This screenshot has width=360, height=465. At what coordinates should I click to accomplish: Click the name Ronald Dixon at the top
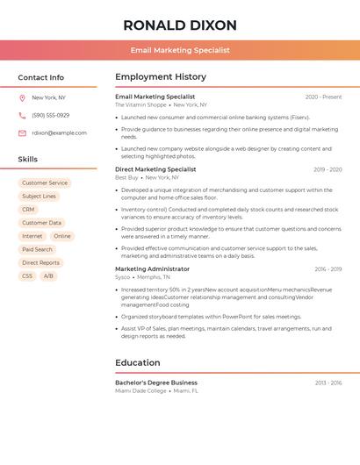click(x=180, y=25)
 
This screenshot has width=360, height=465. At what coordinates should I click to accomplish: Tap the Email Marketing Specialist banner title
click(x=180, y=50)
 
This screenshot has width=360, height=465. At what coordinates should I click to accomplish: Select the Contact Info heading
click(x=41, y=77)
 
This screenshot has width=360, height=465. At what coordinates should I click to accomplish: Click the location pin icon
click(x=22, y=97)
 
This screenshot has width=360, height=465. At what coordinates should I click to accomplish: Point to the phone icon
click(x=22, y=115)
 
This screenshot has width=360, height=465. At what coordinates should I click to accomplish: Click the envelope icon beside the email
click(x=22, y=133)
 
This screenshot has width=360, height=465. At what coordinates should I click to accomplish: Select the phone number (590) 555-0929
click(x=51, y=115)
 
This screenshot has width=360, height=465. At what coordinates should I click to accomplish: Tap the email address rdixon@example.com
click(x=59, y=133)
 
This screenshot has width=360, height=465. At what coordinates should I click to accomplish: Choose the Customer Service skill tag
click(x=45, y=182)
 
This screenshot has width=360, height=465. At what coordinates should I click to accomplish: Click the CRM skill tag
click(x=29, y=210)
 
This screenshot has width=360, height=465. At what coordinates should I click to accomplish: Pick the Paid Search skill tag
click(x=38, y=249)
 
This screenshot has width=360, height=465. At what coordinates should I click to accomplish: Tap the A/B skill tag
click(x=48, y=275)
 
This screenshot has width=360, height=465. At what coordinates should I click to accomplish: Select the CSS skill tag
click(x=27, y=275)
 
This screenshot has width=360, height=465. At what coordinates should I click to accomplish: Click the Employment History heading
click(x=161, y=77)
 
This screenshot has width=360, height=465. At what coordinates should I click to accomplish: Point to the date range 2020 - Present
click(x=323, y=97)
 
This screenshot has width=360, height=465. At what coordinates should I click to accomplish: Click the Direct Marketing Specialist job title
click(x=155, y=169)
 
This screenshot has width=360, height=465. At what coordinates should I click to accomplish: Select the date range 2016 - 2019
click(x=328, y=269)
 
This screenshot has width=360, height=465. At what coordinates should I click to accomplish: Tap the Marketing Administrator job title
click(x=152, y=268)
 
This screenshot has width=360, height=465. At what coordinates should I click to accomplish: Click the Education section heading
click(x=138, y=362)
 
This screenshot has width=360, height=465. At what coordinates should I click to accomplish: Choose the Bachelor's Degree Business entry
click(x=156, y=383)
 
